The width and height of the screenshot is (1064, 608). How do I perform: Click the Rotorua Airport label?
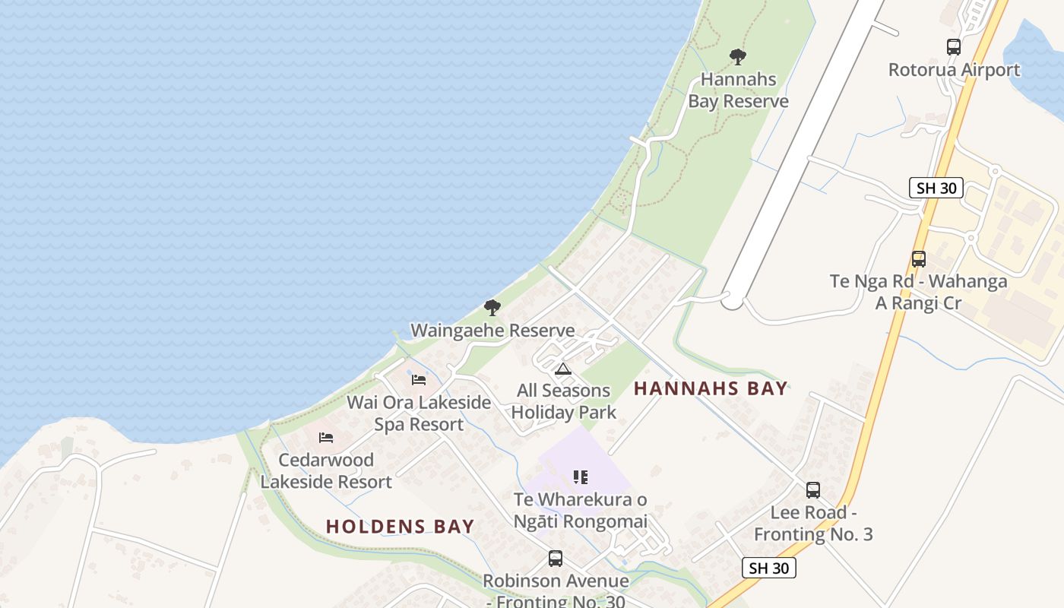[954, 70]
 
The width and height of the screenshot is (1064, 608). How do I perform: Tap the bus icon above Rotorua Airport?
[954, 47]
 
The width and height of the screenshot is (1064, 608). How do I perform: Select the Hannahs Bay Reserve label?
[738, 90]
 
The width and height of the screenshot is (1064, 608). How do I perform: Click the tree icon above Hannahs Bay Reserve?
[737, 56]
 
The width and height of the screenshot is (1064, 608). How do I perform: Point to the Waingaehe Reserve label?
[492, 331]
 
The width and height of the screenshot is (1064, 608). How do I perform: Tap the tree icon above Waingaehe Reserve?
[492, 308]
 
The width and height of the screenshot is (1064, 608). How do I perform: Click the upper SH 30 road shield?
[936, 188]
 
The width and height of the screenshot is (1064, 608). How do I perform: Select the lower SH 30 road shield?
[768, 568]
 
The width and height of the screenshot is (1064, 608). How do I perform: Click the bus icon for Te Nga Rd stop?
[919, 259]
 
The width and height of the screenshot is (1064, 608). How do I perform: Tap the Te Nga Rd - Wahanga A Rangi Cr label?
[918, 292]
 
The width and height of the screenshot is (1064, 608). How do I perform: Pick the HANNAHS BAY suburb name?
[711, 388]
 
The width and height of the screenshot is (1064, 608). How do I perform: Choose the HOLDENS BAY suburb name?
[400, 526]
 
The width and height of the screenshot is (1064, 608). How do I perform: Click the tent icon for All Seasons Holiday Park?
[562, 369]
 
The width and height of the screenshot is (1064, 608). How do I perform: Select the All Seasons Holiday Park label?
[563, 401]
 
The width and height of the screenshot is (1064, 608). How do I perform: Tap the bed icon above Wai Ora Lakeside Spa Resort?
[419, 380]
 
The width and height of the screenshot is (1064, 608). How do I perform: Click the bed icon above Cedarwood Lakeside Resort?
[326, 438]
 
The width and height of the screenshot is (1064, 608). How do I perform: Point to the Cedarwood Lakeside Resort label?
[326, 470]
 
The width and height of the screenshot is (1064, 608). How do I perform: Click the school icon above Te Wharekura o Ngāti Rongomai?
[581, 477]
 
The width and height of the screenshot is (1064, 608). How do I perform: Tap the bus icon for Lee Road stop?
[813, 490]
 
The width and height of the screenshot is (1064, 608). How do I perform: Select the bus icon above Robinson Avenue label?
[556, 559]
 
